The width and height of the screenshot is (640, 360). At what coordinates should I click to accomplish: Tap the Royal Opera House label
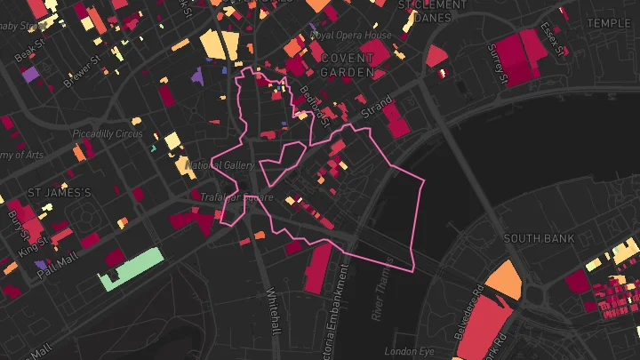point(350,36)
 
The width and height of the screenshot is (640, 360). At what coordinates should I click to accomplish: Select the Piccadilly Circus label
point(108,134)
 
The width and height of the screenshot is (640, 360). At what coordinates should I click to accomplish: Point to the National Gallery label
point(221,164)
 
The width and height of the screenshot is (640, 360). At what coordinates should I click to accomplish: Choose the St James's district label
point(60,192)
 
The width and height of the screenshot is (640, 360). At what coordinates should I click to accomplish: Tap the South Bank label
point(539,238)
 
